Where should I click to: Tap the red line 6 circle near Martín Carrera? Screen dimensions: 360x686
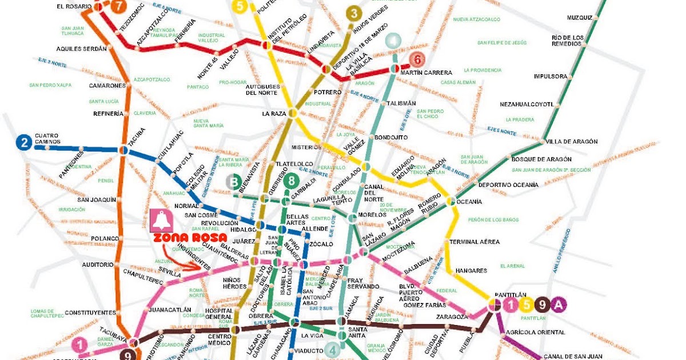coord(417,59)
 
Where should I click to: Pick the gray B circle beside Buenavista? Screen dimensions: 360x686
coord(233,182)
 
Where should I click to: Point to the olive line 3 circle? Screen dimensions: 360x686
coord(354,13)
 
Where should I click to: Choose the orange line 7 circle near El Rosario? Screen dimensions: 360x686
coord(118,7)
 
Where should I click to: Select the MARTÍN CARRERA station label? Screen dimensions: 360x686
coord(426,73)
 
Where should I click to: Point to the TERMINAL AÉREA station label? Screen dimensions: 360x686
coord(474,242)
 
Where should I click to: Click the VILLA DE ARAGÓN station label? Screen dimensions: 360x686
coord(571,142)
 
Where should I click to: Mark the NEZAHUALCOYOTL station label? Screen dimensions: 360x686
coord(527,105)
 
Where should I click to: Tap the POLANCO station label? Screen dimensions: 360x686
coord(104,238)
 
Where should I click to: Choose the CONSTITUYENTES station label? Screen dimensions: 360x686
coord(90,313)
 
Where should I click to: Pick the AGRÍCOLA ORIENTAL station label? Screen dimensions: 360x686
coord(535,332)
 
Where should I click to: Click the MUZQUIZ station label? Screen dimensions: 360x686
coord(579,18)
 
